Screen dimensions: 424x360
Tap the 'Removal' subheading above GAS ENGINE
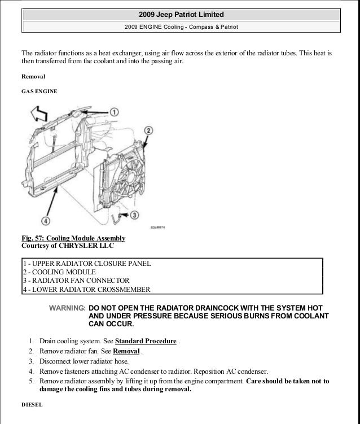click(x=33, y=76)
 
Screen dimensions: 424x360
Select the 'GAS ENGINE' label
click(x=39, y=91)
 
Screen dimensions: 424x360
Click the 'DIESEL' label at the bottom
click(x=31, y=405)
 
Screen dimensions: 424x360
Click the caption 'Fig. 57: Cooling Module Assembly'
click(x=73, y=238)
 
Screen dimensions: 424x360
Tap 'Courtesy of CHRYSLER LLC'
click(x=68, y=246)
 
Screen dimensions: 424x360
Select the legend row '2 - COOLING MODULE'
click(x=59, y=272)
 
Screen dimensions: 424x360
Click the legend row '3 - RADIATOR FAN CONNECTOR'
click(x=76, y=281)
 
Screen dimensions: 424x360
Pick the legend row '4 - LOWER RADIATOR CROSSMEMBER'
click(x=86, y=290)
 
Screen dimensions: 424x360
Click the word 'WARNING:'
click(x=68, y=308)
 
